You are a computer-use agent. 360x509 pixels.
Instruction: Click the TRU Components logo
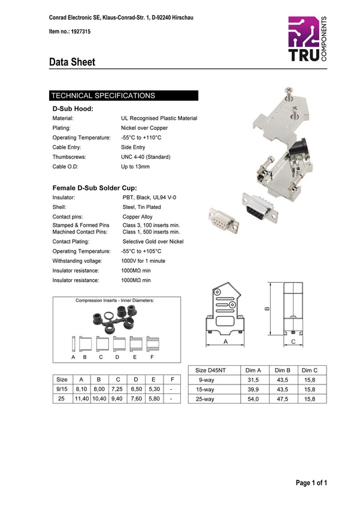click(307, 39)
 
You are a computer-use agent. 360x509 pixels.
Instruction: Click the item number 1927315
click(81, 32)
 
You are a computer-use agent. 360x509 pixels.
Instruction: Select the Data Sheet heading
click(72, 62)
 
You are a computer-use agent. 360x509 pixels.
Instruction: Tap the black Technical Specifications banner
click(123, 95)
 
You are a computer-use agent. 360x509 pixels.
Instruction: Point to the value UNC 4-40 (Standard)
click(146, 157)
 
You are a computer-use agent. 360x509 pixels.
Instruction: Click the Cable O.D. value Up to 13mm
click(135, 167)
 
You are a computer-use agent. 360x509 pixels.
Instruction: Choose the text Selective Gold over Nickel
click(153, 241)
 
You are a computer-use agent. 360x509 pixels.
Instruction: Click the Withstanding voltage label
click(77, 261)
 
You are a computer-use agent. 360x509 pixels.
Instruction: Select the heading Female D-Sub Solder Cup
click(95, 188)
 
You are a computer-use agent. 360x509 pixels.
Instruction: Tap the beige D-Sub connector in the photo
click(223, 220)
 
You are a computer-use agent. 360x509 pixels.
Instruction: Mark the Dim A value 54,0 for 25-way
click(253, 399)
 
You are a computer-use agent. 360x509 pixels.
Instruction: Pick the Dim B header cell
click(282, 371)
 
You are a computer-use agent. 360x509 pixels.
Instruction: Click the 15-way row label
click(205, 390)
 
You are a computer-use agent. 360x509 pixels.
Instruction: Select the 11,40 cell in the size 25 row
click(81, 398)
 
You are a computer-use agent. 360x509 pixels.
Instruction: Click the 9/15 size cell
click(62, 389)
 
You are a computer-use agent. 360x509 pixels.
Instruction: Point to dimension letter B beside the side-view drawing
click(267, 308)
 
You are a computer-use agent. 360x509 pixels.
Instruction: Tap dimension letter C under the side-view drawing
click(293, 341)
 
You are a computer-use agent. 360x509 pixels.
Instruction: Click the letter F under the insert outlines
click(152, 357)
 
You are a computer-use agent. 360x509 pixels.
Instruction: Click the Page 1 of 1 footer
click(311, 483)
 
